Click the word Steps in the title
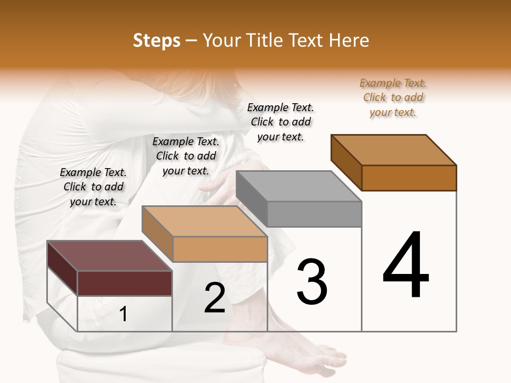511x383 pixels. pos(156,40)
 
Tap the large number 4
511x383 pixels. pos(406,265)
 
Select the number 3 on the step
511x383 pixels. pos(311,282)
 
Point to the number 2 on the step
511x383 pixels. pos(215,298)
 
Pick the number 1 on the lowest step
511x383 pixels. pos(123,314)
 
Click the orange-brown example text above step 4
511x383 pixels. pos(393,98)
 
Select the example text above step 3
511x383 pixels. pos(281,122)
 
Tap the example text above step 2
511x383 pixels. pos(186,156)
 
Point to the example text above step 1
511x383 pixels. pos(93,187)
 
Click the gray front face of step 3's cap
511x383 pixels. pos(314,214)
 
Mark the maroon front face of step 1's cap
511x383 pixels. pos(125,283)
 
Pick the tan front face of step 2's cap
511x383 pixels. pos(220,249)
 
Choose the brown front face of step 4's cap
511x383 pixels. pos(409,178)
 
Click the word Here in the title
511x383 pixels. pos(350,40)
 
